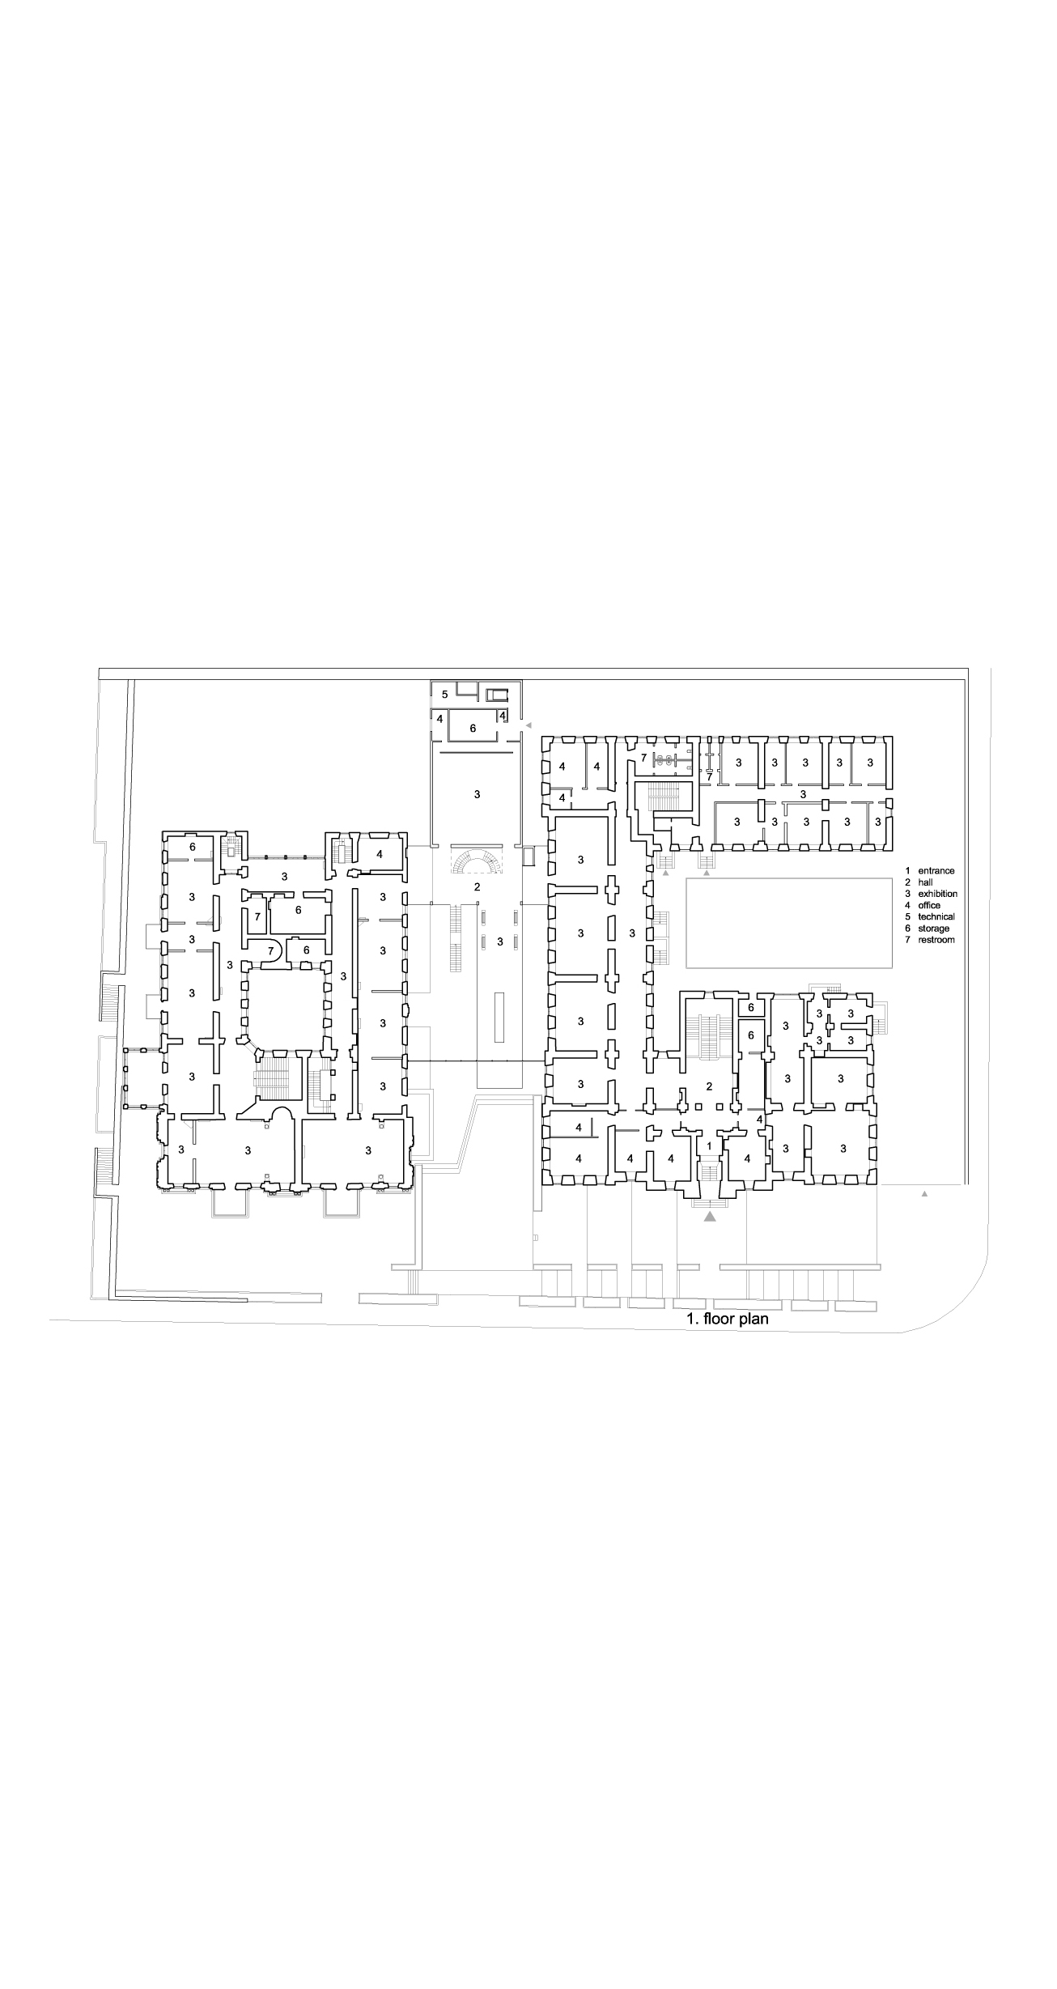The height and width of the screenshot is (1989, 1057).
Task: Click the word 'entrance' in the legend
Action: pos(936,871)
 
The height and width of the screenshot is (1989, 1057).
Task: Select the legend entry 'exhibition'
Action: pos(937,894)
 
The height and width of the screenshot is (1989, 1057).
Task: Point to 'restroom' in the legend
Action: pos(936,940)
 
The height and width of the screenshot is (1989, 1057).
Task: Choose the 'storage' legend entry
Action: pos(934,929)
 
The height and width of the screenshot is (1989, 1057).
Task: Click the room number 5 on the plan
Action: pos(445,694)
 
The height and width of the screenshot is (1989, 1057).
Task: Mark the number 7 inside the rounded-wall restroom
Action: pos(271,951)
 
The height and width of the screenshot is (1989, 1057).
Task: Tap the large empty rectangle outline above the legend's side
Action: pos(789,912)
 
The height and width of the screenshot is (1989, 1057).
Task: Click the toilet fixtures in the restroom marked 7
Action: pos(665,760)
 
